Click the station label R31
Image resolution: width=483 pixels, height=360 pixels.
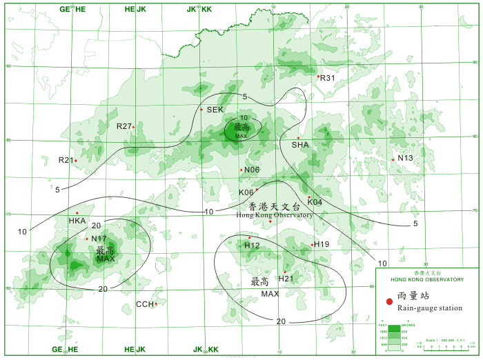click(x=328, y=78)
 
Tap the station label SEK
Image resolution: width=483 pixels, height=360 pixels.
click(x=215, y=110)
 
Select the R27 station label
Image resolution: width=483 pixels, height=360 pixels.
click(x=124, y=126)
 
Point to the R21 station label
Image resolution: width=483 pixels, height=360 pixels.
click(x=66, y=160)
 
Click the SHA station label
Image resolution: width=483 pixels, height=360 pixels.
click(x=300, y=145)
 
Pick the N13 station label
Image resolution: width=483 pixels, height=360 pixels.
click(x=405, y=158)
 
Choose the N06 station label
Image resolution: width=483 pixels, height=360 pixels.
click(x=252, y=170)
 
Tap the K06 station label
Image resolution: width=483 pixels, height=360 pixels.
click(x=246, y=192)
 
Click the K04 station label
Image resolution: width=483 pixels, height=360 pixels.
click(x=315, y=202)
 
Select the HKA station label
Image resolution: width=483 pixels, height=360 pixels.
click(x=77, y=221)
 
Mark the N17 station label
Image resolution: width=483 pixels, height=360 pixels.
click(x=99, y=239)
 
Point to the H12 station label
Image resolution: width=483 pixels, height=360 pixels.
click(x=252, y=246)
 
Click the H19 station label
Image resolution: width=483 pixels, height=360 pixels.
click(x=322, y=245)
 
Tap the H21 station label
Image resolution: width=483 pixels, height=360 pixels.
click(x=286, y=278)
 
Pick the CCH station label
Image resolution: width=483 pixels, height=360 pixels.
click(x=145, y=304)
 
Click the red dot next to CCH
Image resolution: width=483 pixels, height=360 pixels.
click(x=157, y=303)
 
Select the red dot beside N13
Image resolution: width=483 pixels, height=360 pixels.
click(x=393, y=160)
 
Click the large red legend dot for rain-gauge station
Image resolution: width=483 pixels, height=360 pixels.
click(x=389, y=301)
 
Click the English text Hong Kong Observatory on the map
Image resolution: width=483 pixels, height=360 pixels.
click(x=274, y=215)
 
